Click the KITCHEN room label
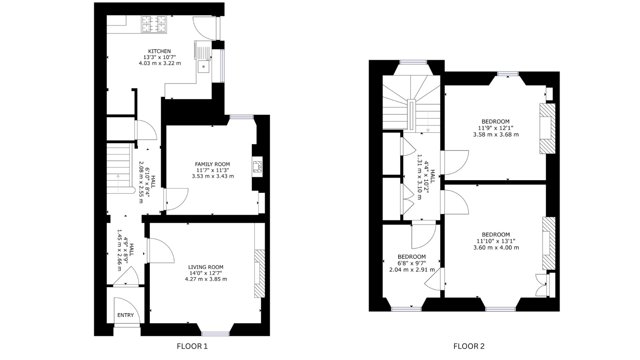159,51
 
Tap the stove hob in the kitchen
154,24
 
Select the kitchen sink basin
203,67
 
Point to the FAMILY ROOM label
212,164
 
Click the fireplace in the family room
257,166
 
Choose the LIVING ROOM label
206,267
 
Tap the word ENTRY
125,315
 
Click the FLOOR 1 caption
192,346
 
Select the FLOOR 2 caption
469,346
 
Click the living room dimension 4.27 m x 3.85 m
206,279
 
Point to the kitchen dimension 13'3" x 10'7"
159,57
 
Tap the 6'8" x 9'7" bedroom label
412,263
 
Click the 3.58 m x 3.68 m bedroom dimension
496,135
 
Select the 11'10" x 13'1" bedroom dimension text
496,241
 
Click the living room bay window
215,334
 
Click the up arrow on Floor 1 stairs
118,184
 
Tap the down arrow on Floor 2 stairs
428,122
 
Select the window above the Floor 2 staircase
413,62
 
